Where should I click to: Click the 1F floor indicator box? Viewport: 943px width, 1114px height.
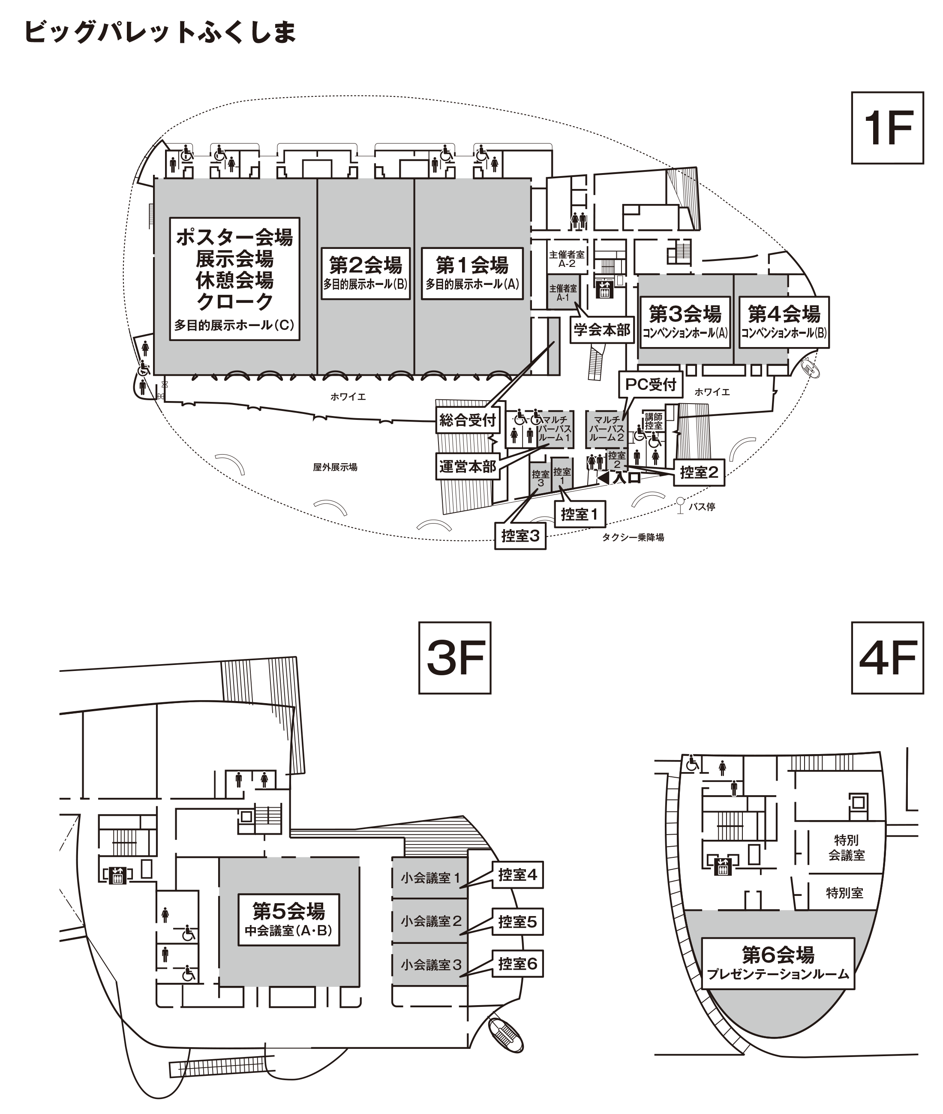pos(887,128)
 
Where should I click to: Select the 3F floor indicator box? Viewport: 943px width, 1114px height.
pos(454,658)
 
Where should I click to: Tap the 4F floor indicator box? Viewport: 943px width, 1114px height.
pos(887,658)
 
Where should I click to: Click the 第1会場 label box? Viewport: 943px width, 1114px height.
pos(471,273)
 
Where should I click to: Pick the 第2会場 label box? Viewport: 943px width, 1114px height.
pos(365,273)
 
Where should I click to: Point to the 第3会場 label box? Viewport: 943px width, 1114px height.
pos(685,322)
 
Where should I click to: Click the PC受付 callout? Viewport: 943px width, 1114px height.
pos(651,384)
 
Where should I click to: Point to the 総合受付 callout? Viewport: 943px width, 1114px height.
pos(468,420)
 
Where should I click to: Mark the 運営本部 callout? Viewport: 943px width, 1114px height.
pos(468,467)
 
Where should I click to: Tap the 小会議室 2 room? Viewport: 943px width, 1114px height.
pos(430,921)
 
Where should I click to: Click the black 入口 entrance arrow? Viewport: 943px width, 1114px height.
pos(603,478)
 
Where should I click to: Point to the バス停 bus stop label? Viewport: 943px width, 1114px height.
pos(701,506)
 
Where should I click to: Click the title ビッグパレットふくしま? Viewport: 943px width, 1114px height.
pos(160,32)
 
